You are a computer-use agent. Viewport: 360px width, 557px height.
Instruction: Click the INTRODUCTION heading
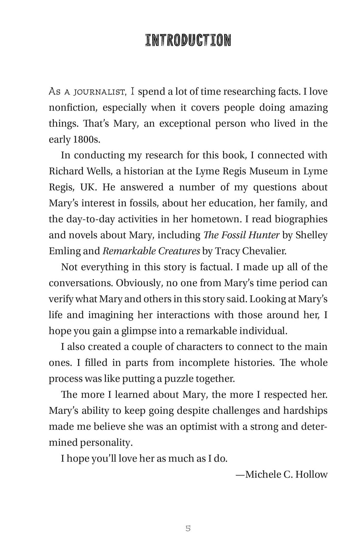click(x=188, y=40)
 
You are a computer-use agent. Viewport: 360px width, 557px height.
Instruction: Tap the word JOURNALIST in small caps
click(x=95, y=92)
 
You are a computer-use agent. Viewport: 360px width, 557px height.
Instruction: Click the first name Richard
click(x=65, y=171)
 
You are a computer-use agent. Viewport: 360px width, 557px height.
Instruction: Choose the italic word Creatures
click(x=179, y=251)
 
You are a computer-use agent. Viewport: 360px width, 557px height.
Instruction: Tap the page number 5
click(x=188, y=528)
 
